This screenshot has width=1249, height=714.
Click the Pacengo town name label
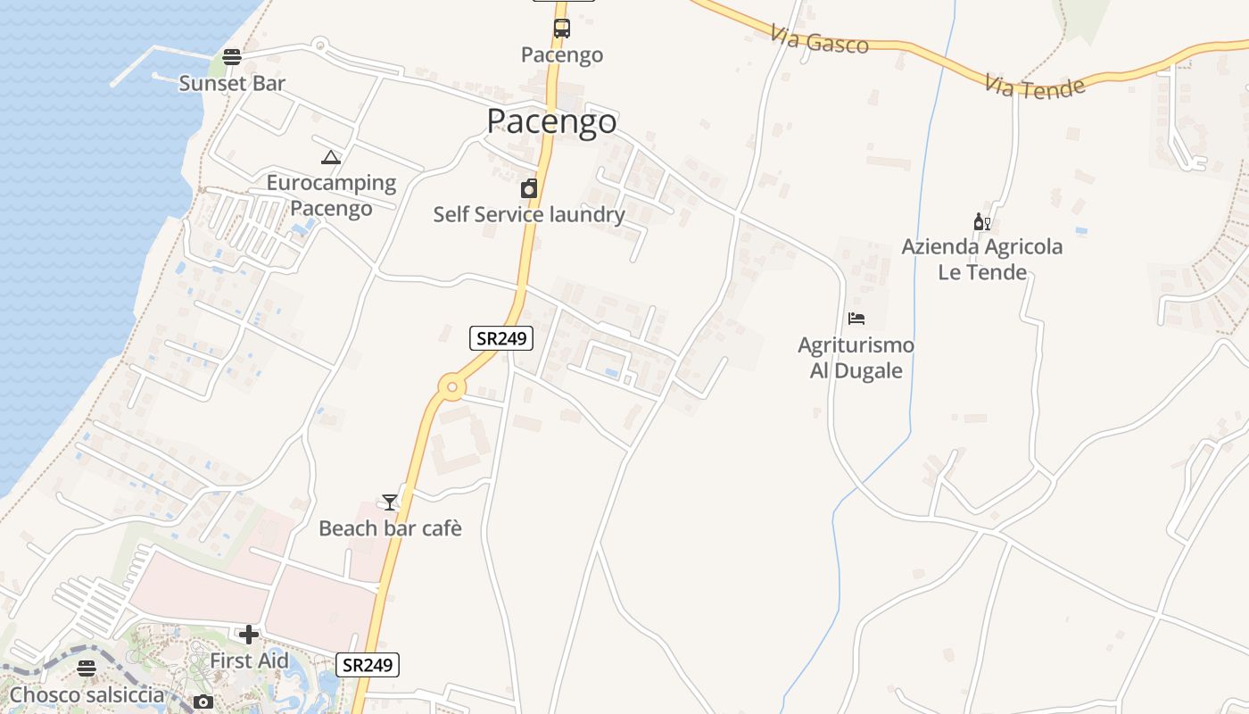coord(551,121)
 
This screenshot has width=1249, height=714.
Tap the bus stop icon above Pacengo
coord(561,29)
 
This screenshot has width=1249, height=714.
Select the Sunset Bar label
coord(232,83)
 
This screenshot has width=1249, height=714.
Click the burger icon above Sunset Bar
coord(232,57)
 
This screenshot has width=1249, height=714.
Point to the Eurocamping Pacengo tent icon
coord(331,158)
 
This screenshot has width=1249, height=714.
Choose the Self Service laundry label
coord(529,214)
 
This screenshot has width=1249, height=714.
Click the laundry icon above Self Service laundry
coord(529,188)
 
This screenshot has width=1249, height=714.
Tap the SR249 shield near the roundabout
coord(501,338)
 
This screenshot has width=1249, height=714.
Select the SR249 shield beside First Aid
coord(368,665)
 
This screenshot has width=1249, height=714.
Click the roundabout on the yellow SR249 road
coord(452,387)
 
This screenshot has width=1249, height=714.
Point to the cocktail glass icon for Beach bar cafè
coord(389,502)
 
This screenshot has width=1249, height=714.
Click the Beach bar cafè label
coord(390,528)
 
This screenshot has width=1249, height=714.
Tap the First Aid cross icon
coord(249,635)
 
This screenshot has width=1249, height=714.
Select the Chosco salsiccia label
coord(87,694)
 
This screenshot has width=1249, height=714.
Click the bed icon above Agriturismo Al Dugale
coord(856,319)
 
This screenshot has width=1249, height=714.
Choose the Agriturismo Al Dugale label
coord(856,358)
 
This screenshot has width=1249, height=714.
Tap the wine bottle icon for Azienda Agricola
coord(981,222)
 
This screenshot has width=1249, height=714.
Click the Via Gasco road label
coord(819,40)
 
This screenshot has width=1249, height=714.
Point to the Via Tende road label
coord(1036,87)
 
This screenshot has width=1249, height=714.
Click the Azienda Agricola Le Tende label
coord(981,259)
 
